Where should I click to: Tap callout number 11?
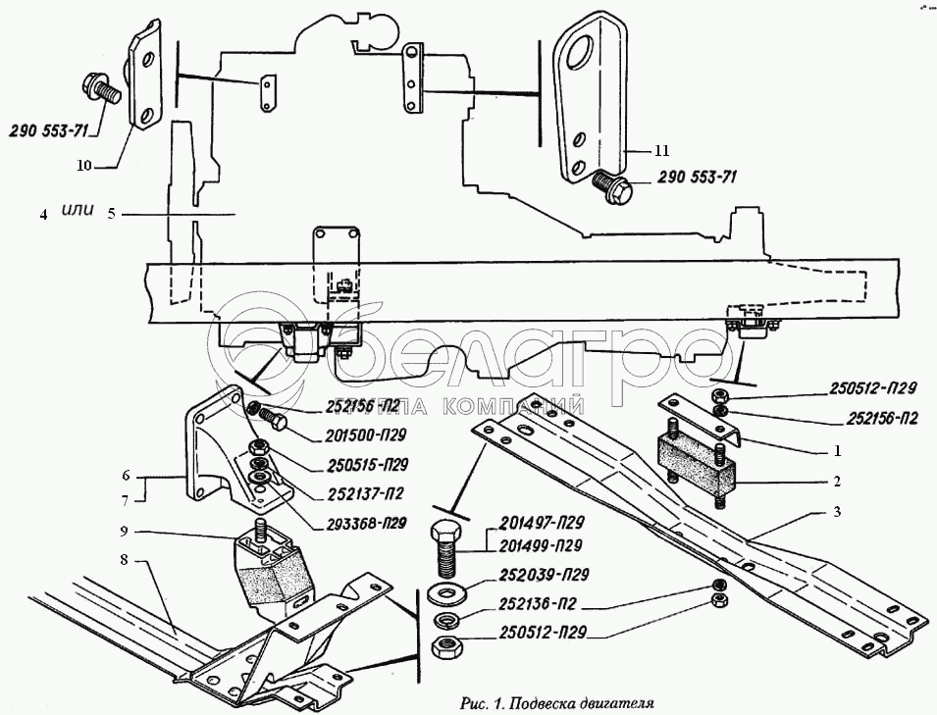[661, 151]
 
